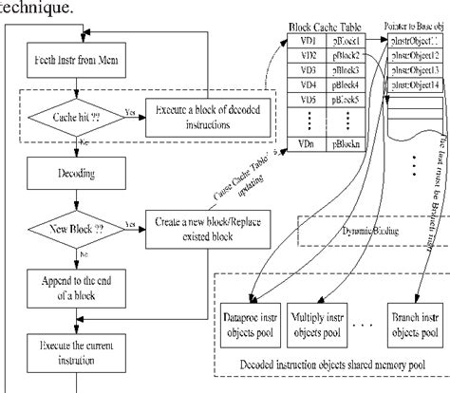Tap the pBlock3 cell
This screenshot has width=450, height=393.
tap(345, 70)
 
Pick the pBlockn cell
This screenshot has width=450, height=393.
tap(345, 142)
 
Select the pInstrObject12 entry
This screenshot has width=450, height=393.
tap(415, 57)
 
